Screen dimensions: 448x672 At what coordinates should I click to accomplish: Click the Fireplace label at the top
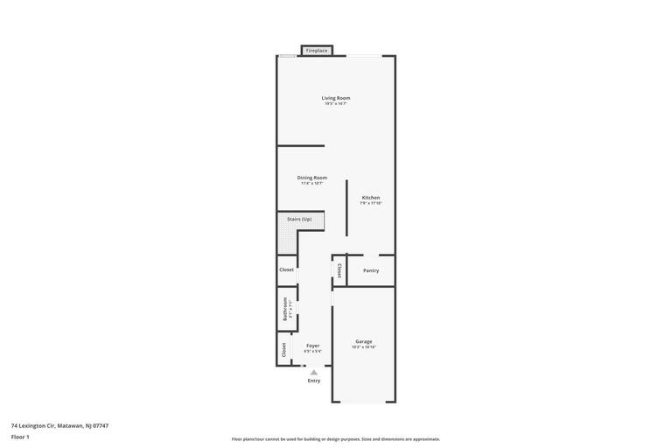(x=317, y=51)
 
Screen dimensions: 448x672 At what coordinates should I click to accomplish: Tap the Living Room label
(x=336, y=98)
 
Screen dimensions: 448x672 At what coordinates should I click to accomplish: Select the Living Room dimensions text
(x=336, y=104)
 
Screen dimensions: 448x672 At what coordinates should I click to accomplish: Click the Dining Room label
(x=312, y=178)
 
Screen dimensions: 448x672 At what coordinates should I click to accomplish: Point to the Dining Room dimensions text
(x=312, y=184)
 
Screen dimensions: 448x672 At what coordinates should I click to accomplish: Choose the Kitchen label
(x=371, y=198)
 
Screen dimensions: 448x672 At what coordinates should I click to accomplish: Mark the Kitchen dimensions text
(x=371, y=203)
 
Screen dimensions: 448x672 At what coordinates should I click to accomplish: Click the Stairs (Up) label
(x=299, y=219)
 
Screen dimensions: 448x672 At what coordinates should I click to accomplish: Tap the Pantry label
(x=371, y=270)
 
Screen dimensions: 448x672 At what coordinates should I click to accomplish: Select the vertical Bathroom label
(x=285, y=309)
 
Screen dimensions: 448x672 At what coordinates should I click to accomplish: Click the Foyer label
(x=313, y=346)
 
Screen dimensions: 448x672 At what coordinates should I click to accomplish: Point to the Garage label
(x=364, y=341)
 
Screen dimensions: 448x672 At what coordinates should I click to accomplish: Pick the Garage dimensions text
(x=364, y=347)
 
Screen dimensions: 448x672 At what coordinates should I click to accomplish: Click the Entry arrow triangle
(x=314, y=372)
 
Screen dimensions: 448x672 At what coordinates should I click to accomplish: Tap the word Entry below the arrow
(x=314, y=381)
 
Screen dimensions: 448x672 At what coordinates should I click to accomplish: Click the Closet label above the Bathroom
(x=287, y=269)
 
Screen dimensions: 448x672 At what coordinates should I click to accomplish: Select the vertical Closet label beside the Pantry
(x=339, y=270)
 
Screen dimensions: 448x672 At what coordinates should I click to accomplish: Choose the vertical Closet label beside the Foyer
(x=284, y=349)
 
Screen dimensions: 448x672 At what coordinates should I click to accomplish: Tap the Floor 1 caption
(x=20, y=437)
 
